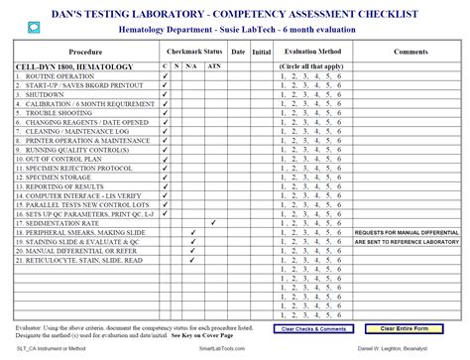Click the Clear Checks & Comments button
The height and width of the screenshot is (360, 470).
click(x=314, y=328)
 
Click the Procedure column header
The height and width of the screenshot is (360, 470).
click(x=85, y=51)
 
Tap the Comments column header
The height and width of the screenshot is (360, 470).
click(x=410, y=51)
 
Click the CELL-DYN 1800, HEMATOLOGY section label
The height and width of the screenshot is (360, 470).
click(x=62, y=65)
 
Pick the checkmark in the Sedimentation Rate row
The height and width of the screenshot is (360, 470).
click(x=213, y=223)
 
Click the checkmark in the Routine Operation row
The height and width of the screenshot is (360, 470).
click(x=165, y=74)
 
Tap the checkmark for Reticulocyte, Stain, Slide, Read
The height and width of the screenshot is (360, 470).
click(x=192, y=260)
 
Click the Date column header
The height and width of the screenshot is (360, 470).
click(x=238, y=51)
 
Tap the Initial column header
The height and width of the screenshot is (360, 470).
click(x=261, y=51)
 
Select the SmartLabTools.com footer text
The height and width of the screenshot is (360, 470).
click(x=222, y=350)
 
